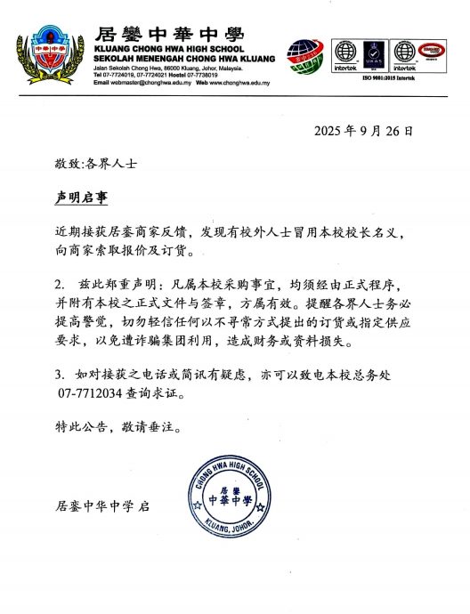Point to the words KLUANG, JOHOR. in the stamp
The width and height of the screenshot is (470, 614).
tap(229, 524)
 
